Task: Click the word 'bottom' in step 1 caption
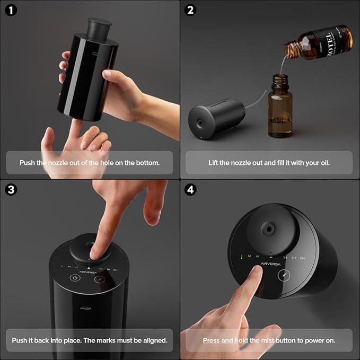click(148, 162)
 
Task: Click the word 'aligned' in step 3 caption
click(154, 340)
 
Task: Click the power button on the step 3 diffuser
click(75, 278)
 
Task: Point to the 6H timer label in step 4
click(302, 258)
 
